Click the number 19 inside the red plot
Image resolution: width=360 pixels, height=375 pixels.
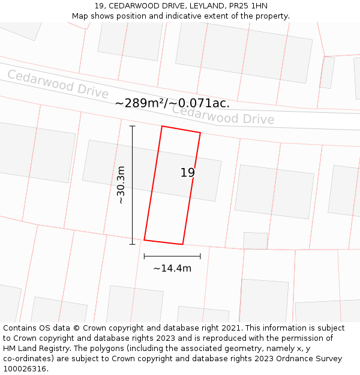coord(188,173)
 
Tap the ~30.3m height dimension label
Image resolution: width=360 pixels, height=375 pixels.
coord(121,185)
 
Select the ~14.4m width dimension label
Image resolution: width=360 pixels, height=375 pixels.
coord(172,268)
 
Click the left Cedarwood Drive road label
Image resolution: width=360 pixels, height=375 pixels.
coord(58,84)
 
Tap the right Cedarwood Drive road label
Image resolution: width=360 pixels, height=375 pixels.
coord(223,115)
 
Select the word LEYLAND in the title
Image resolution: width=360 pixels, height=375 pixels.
coord(200,6)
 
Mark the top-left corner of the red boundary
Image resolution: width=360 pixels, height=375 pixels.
coord(162,126)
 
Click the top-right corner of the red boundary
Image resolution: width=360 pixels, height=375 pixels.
coord(200,133)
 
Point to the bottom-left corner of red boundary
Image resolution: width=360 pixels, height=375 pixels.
coord(144,240)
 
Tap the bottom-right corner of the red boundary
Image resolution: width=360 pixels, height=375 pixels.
coord(182,245)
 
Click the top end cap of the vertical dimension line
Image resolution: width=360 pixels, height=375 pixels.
coord(133,126)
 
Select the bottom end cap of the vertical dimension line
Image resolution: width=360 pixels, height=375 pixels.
coord(133,244)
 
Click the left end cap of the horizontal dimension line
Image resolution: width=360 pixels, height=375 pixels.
coord(144,256)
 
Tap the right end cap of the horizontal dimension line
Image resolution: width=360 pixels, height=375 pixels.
coord(200,256)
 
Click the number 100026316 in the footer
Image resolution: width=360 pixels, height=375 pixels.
coord(24,369)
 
